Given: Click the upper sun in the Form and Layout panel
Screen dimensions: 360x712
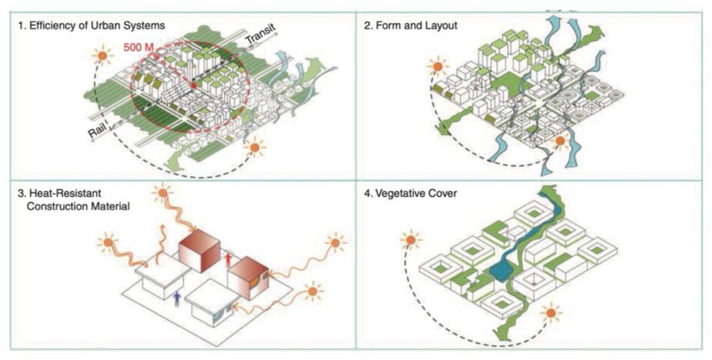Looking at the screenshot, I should [438, 67].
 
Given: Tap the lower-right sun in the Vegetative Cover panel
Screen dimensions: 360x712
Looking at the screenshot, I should [551, 313].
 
